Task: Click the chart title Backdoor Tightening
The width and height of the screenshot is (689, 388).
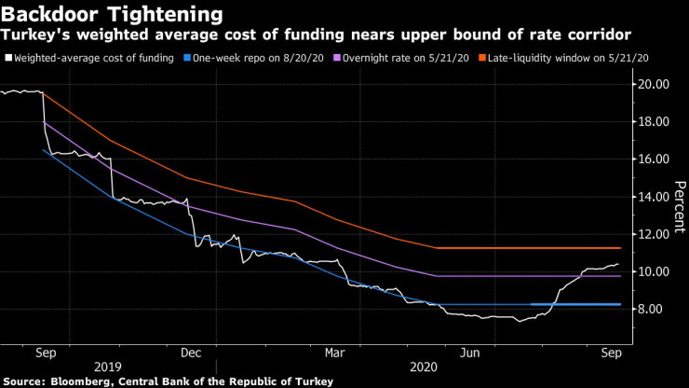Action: pyautogui.click(x=113, y=15)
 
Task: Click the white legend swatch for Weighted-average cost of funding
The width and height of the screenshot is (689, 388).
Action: pyautogui.click(x=7, y=58)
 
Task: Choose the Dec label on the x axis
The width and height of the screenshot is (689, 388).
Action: pyautogui.click(x=191, y=353)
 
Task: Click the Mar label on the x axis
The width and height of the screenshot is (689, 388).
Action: pyautogui.click(x=336, y=353)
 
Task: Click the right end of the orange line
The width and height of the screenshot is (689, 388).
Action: pyautogui.click(x=620, y=248)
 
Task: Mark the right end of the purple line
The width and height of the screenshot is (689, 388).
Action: pyautogui.click(x=620, y=276)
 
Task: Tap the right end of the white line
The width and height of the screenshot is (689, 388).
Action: pyautogui.click(x=619, y=264)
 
